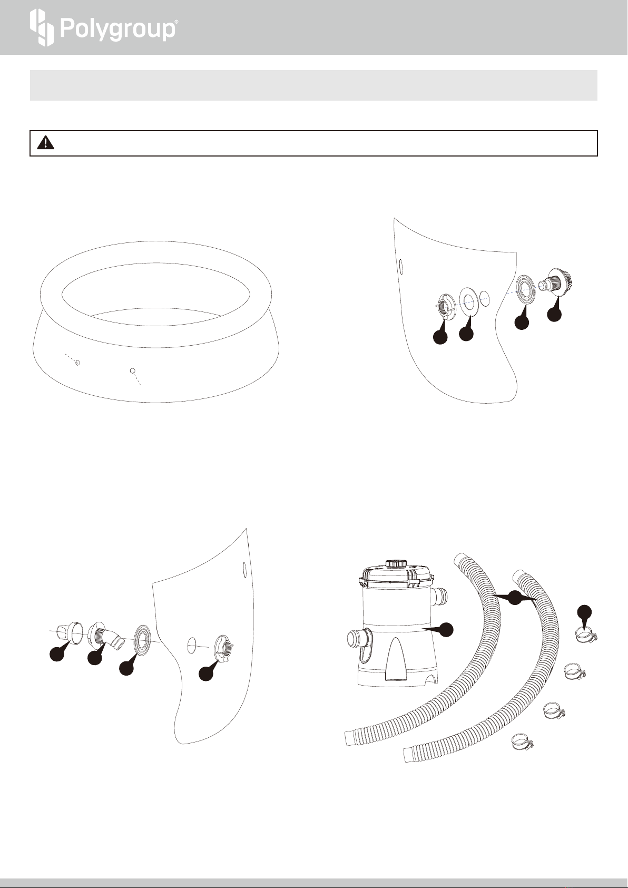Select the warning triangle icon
(45, 142)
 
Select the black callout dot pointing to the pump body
(447, 630)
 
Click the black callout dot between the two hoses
(515, 598)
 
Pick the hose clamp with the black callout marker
(586, 635)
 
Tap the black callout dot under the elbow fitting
(95, 658)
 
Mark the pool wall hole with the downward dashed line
(133, 370)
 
